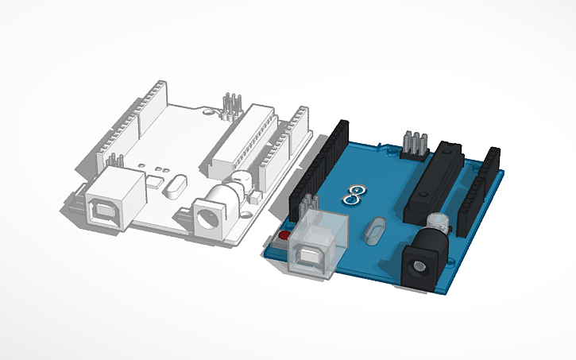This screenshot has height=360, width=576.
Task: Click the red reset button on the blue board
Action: (283, 235)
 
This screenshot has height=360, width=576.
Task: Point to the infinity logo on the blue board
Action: (356, 193)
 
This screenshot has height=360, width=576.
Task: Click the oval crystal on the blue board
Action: (377, 232)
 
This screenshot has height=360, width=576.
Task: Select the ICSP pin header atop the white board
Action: (231, 104)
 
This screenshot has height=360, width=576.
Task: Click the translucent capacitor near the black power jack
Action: (439, 222)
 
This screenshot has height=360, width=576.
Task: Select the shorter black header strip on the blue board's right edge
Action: (484, 189)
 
